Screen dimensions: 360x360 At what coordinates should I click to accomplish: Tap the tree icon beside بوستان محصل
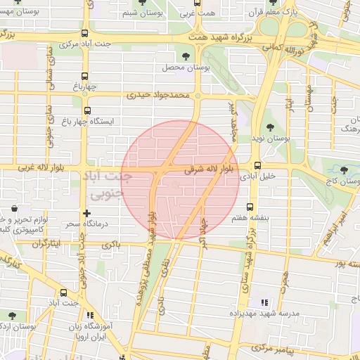pos(186,56)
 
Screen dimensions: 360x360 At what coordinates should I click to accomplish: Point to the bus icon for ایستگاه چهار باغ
pos(87,110)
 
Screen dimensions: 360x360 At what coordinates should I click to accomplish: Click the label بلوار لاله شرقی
pos(208,169)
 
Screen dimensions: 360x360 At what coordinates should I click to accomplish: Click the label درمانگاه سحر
pos(63,224)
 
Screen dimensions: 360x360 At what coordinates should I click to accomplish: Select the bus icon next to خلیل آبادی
pos(257,166)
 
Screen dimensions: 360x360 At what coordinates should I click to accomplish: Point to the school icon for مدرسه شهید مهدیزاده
pos(264,302)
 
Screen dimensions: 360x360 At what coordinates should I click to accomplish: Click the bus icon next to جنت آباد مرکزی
pos(85,33)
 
